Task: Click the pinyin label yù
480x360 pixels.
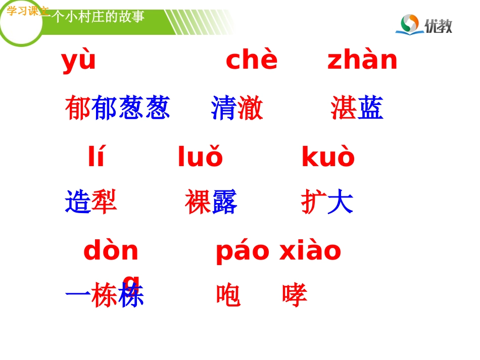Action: tap(78, 61)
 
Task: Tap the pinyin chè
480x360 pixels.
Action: tap(252, 60)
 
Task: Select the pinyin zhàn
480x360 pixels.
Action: tap(362, 60)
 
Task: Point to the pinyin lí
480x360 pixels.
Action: tap(96, 157)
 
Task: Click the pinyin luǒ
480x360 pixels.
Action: tap(200, 157)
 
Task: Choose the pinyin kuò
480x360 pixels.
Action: tap(328, 157)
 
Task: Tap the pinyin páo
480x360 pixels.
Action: tap(243, 251)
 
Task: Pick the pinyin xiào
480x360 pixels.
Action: tap(310, 251)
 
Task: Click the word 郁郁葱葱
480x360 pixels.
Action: tap(117, 108)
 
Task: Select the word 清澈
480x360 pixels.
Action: tap(237, 108)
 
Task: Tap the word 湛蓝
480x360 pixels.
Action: tap(357, 108)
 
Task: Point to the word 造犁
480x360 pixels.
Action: tap(91, 201)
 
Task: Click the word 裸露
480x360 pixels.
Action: tap(211, 201)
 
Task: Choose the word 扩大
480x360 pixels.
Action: tap(327, 201)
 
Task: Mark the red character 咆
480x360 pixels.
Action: tap(228, 295)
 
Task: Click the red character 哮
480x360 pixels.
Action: tap(295, 295)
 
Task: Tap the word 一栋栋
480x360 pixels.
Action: tap(105, 295)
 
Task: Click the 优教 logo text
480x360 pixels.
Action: tap(438, 26)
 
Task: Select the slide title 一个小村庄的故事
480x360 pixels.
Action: tap(96, 17)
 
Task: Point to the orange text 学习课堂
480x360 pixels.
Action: tap(27, 11)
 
